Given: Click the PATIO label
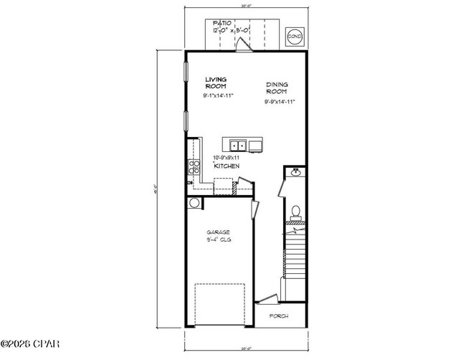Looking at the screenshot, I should tap(223, 23).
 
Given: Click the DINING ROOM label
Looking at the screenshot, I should tap(278, 87).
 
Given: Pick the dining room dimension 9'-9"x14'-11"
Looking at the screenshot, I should tap(280, 102).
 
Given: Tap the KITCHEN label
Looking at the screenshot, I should tap(226, 166).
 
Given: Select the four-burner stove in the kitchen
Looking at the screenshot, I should tap(194, 168).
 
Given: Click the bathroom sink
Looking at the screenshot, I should tap(295, 172).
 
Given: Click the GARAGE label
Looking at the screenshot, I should tap(219, 232).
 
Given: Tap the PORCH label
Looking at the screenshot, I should tap(279, 316).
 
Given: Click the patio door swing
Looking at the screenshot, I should tap(244, 44).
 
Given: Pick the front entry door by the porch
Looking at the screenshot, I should tap(267, 298).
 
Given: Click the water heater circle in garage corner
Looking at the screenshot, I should tap(194, 203).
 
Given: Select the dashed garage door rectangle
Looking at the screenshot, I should tap(219, 304).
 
